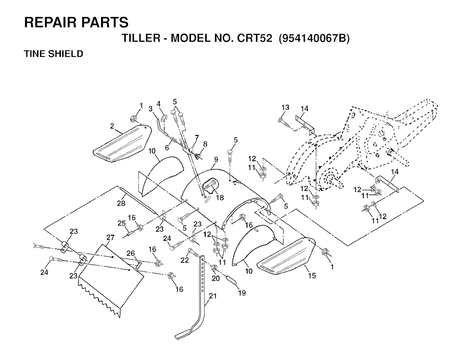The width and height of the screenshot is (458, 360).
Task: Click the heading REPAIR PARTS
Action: pyautogui.click(x=76, y=22)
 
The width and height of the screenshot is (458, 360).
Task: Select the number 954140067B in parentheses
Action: pyautogui.click(x=314, y=38)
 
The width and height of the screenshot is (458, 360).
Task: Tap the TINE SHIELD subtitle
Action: pyautogui.click(x=54, y=54)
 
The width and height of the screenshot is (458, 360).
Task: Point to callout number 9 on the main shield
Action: pyautogui.click(x=216, y=159)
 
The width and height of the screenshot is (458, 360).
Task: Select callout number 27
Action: pyautogui.click(x=110, y=237)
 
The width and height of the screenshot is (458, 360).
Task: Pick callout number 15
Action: pyautogui.click(x=312, y=275)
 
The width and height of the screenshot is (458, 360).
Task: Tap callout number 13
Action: pyautogui.click(x=285, y=107)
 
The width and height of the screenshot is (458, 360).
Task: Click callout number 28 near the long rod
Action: pyautogui.click(x=121, y=203)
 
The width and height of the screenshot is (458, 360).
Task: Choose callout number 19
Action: pyautogui.click(x=242, y=292)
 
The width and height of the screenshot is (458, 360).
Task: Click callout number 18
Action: pyautogui.click(x=220, y=198)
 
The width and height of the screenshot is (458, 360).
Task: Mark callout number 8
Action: pyautogui.click(x=205, y=144)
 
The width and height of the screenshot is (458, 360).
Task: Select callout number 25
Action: pyautogui.click(x=121, y=223)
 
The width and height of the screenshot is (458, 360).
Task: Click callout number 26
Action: pyautogui.click(x=131, y=253)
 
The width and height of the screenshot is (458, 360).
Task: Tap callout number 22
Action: pyautogui.click(x=184, y=260)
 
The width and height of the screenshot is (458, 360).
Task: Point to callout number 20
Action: pyautogui.click(x=216, y=278)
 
